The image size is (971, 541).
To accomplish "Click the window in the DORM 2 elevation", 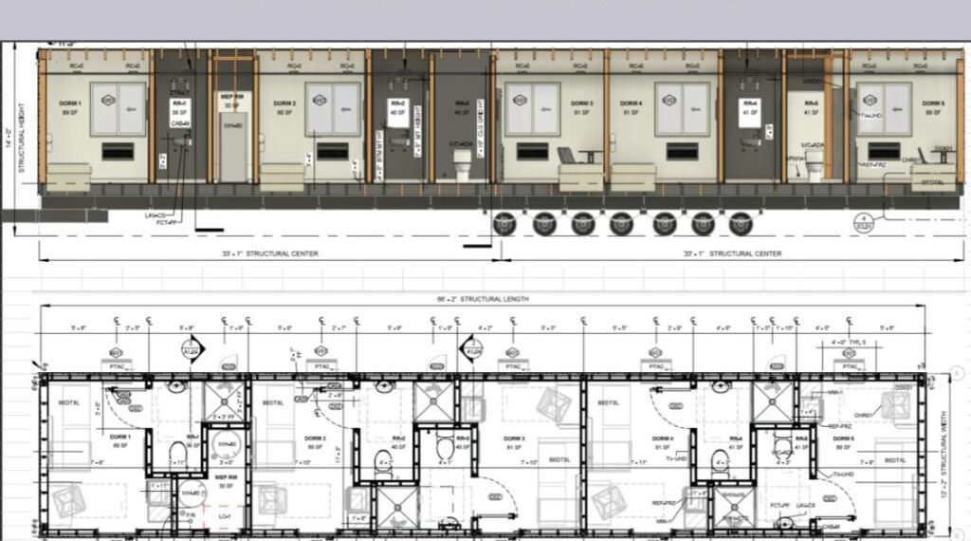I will pos(332,108).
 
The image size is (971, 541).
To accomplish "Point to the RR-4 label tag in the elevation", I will pos(749,107).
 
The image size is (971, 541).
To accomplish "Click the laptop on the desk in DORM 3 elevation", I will pos(567,155).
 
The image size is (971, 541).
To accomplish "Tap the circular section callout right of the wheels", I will pos(863,224).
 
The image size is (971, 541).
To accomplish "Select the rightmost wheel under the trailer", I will pos(742,223).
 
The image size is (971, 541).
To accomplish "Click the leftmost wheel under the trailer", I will pos(504,223).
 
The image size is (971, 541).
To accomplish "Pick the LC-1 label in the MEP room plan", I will pos(225,516).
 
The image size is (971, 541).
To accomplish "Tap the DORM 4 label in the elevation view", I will pos(632,105).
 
